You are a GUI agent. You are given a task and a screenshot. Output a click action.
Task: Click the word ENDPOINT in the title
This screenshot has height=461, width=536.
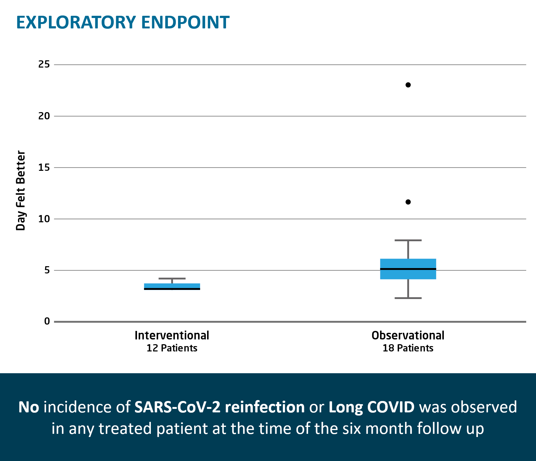185,22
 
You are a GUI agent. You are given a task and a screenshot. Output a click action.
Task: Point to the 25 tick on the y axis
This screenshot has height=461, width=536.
44,64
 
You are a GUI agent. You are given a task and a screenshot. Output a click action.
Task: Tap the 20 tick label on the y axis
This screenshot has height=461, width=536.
44,116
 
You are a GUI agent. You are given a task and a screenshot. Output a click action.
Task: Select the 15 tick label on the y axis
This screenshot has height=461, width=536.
44,167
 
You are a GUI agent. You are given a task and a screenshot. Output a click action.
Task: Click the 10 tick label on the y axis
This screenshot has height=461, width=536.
44,219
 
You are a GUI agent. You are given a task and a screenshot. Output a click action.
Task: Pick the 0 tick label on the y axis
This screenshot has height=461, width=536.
47,321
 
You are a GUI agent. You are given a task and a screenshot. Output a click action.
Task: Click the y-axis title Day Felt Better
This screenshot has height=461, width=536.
21,191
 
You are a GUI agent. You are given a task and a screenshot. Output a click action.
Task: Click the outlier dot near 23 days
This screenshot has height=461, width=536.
408,85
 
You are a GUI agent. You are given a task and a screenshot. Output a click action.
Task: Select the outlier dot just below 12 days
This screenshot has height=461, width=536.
408,202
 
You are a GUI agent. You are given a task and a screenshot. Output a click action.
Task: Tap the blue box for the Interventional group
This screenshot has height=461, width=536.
172,285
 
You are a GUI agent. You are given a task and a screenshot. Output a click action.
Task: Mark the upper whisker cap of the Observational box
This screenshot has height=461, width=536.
408,240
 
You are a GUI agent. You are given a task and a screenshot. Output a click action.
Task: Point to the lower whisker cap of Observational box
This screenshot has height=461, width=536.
408,298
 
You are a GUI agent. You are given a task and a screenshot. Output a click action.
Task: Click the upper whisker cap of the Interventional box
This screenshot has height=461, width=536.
172,278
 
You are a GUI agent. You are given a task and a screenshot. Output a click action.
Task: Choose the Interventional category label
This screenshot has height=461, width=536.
172,335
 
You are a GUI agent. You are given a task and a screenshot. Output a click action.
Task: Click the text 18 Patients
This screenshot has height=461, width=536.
408,348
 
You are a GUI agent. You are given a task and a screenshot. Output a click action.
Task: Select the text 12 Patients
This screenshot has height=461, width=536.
172,348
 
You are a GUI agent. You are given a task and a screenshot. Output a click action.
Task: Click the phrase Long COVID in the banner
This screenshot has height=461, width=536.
372,407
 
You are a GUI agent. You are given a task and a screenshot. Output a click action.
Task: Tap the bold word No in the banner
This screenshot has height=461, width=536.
29,407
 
